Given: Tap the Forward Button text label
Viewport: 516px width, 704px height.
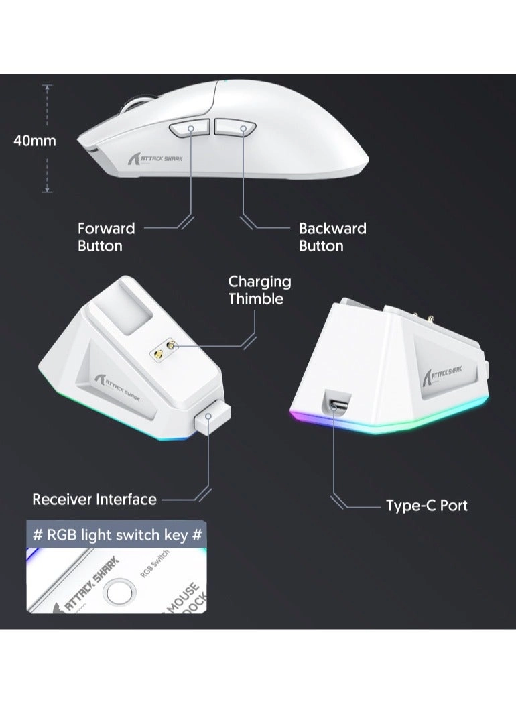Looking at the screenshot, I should pos(106,237).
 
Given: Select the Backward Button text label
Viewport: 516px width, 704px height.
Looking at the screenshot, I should pos(332,237).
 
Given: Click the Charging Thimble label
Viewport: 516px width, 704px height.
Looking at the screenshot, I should pos(259,290).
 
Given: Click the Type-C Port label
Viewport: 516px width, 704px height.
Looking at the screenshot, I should pos(426,506).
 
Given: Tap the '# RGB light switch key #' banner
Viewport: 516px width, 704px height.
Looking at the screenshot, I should pos(117,535).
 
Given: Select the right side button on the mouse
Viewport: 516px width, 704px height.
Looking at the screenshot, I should pos(234,127).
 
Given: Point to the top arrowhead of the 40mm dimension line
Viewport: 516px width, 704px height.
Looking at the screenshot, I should pos(47,86).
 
